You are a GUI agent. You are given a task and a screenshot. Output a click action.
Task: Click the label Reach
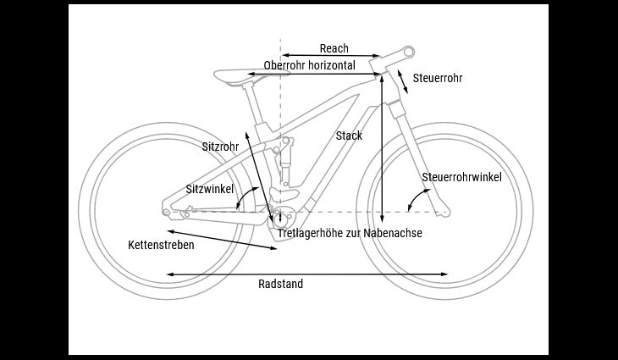tap(334, 48)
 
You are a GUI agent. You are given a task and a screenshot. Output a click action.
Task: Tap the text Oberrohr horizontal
tap(309, 65)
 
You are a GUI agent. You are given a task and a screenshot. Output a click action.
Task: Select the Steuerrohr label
tap(438, 78)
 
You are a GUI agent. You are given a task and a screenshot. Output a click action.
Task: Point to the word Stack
tap(349, 136)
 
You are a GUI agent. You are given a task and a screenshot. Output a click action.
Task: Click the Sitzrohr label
tap(220, 147)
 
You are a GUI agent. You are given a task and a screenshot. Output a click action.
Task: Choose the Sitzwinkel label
tap(210, 189)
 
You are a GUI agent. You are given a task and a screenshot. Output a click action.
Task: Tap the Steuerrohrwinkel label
tap(462, 177)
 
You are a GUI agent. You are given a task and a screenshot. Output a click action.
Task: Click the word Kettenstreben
tap(161, 245)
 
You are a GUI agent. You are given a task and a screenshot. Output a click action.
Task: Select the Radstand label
tap(280, 284)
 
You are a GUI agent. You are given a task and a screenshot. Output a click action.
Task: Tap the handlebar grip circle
tap(409, 52)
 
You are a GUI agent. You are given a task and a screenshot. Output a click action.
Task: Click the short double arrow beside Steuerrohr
tap(402, 81)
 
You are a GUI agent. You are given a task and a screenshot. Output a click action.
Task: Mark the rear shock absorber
tap(284, 160)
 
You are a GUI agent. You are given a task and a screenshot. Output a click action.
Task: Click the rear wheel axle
tap(167, 212)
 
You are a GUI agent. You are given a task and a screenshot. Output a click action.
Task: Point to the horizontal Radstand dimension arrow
tap(307, 274)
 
